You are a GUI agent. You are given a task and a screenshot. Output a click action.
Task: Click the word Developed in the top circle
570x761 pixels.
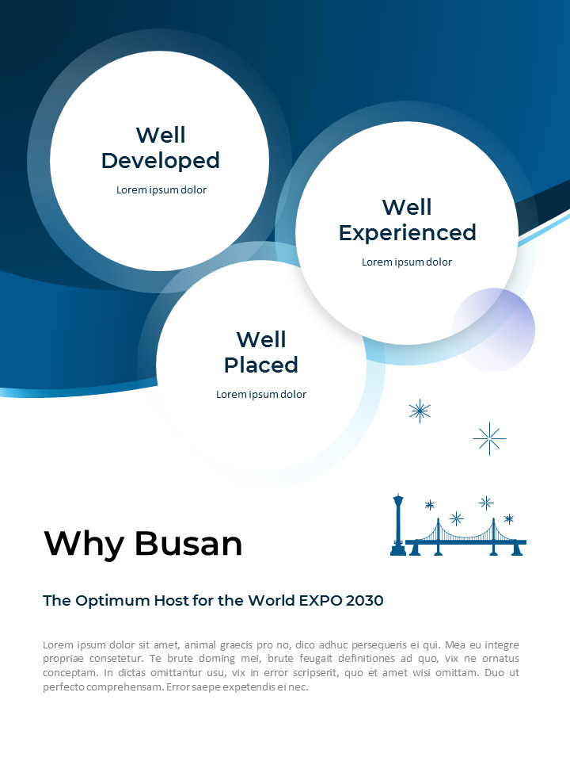tap(160, 161)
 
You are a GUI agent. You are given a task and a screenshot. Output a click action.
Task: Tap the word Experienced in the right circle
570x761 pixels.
tap(407, 233)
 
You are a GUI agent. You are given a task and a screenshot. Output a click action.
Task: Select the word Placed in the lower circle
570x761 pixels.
tap(260, 365)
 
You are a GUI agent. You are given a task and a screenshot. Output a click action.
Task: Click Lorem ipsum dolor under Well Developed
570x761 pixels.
tap(161, 190)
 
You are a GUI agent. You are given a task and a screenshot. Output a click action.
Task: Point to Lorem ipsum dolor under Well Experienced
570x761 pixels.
tap(407, 262)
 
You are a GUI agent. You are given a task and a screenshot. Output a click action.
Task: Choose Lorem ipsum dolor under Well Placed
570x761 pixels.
tap(260, 395)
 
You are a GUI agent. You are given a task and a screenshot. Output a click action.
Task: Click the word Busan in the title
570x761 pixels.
tap(188, 544)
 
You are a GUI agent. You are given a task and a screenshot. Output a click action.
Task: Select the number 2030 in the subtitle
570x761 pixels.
tap(363, 601)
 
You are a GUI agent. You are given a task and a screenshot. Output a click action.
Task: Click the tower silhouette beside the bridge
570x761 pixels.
tap(398, 525)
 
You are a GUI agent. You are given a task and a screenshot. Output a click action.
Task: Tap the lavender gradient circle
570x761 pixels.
tap(494, 330)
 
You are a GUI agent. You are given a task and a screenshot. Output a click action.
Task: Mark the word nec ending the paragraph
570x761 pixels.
tap(299, 687)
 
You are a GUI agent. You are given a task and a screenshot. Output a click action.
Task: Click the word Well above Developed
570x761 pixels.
tap(160, 135)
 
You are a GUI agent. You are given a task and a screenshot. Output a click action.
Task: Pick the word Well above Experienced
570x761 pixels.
tap(407, 207)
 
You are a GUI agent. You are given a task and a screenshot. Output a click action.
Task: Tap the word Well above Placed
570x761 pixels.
tap(260, 339)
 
